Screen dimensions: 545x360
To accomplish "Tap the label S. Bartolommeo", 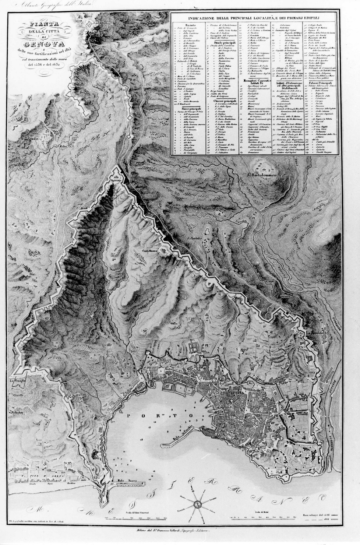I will [261, 175].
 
